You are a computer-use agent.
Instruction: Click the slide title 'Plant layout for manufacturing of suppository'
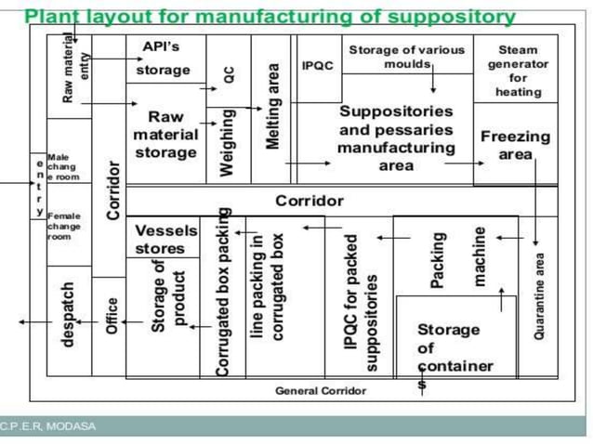click(269, 16)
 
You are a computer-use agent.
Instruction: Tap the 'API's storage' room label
click(163, 58)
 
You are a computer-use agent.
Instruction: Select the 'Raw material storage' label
click(165, 135)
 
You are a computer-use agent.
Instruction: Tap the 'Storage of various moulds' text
click(407, 58)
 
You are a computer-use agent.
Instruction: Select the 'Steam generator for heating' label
click(518, 72)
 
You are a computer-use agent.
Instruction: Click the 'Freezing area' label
click(515, 145)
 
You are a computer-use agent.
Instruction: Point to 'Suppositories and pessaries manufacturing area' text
click(396, 137)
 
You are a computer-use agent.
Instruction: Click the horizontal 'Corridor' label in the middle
click(309, 201)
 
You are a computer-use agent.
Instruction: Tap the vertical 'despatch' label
click(67, 314)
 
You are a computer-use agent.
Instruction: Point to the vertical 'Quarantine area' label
click(539, 295)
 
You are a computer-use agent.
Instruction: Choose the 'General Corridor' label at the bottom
click(321, 391)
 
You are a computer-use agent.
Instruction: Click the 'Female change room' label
click(64, 226)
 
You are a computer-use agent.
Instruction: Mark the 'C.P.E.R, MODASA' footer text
click(48, 426)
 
